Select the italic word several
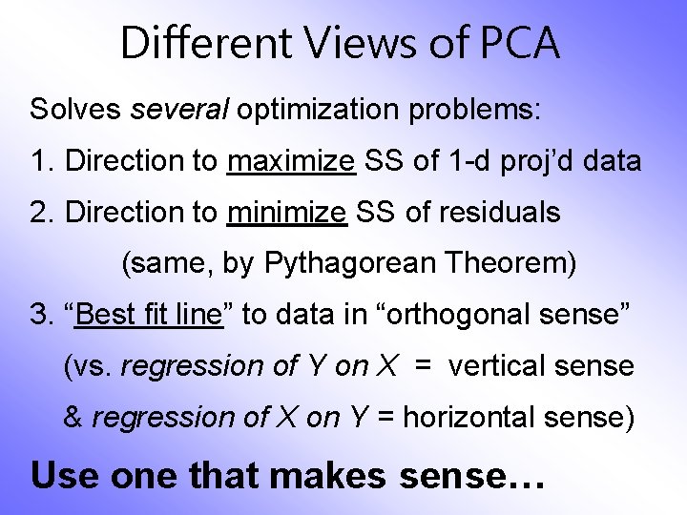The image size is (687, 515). click(x=179, y=109)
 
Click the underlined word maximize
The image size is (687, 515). click(x=291, y=161)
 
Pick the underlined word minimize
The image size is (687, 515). click(x=287, y=213)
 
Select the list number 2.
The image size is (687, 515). click(x=38, y=213)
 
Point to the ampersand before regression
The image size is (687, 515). click(x=73, y=418)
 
